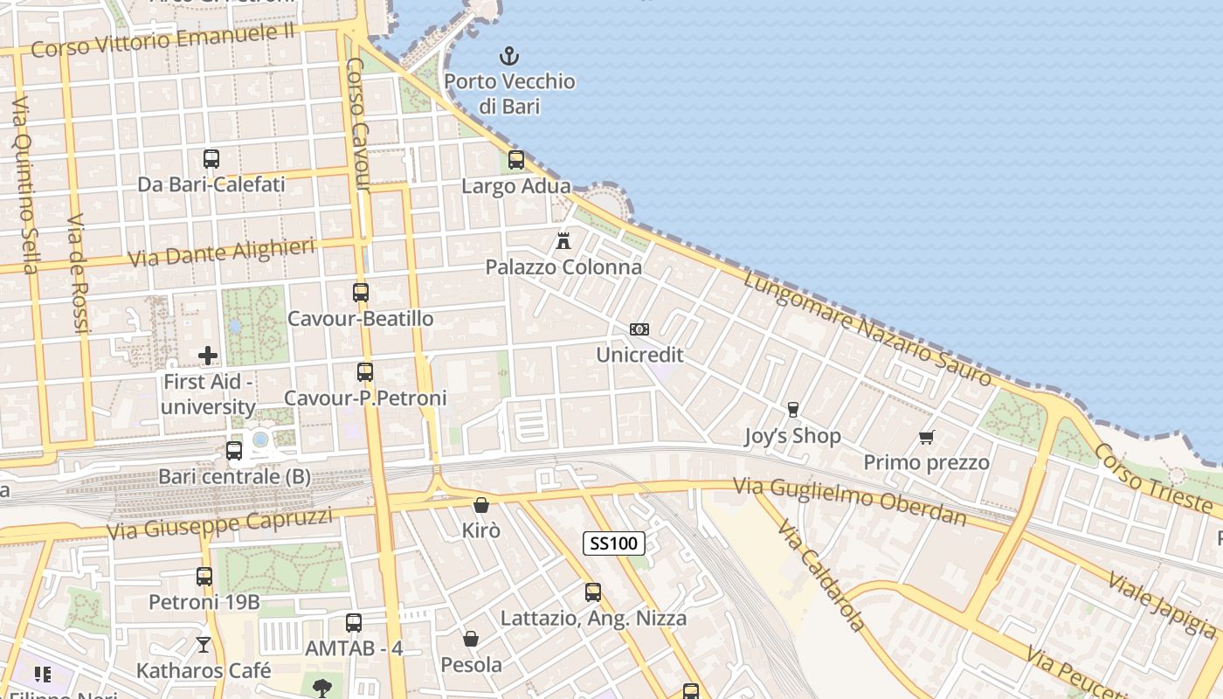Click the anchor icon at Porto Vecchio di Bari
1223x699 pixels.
click(508, 57)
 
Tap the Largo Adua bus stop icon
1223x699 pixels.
click(516, 160)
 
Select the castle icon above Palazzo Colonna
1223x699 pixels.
click(563, 240)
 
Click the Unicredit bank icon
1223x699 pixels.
click(639, 329)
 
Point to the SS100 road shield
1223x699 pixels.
click(614, 543)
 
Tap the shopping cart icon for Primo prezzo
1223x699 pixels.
click(926, 437)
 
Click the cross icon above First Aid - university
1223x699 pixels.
click(208, 356)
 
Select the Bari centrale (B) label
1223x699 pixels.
click(234, 477)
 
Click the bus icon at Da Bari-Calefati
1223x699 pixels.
click(211, 159)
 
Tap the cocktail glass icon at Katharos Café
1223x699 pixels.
click(204, 645)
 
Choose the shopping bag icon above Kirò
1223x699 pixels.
click(480, 505)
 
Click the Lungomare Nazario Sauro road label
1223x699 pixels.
click(868, 327)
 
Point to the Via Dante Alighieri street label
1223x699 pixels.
click(221, 253)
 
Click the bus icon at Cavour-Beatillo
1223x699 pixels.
click(361, 293)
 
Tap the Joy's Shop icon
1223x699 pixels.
click(793, 410)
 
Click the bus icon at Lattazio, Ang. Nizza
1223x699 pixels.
click(593, 592)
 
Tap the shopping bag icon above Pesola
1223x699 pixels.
click(471, 639)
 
